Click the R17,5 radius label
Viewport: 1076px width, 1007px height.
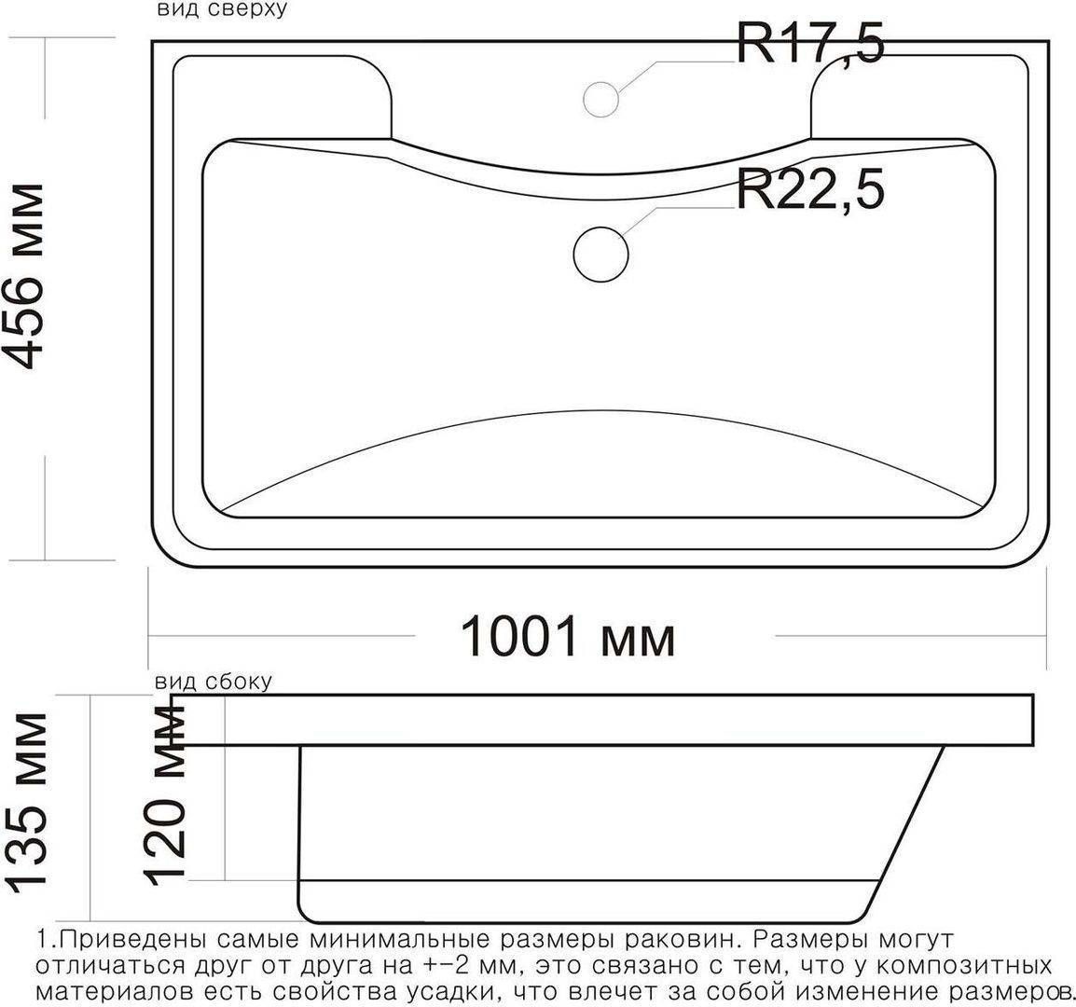pyautogui.click(x=810, y=43)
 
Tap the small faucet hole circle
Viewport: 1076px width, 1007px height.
pyautogui.click(x=600, y=99)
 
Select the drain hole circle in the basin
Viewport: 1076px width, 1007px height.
pyautogui.click(x=600, y=254)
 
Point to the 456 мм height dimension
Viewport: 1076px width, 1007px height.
pyautogui.click(x=24, y=277)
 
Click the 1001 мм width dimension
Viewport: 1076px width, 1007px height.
pyautogui.click(x=568, y=636)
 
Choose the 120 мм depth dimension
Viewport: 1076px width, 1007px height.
pyautogui.click(x=165, y=793)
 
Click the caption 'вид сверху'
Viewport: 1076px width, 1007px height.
pyautogui.click(x=221, y=9)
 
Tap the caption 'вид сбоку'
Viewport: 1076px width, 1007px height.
pyautogui.click(x=214, y=682)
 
